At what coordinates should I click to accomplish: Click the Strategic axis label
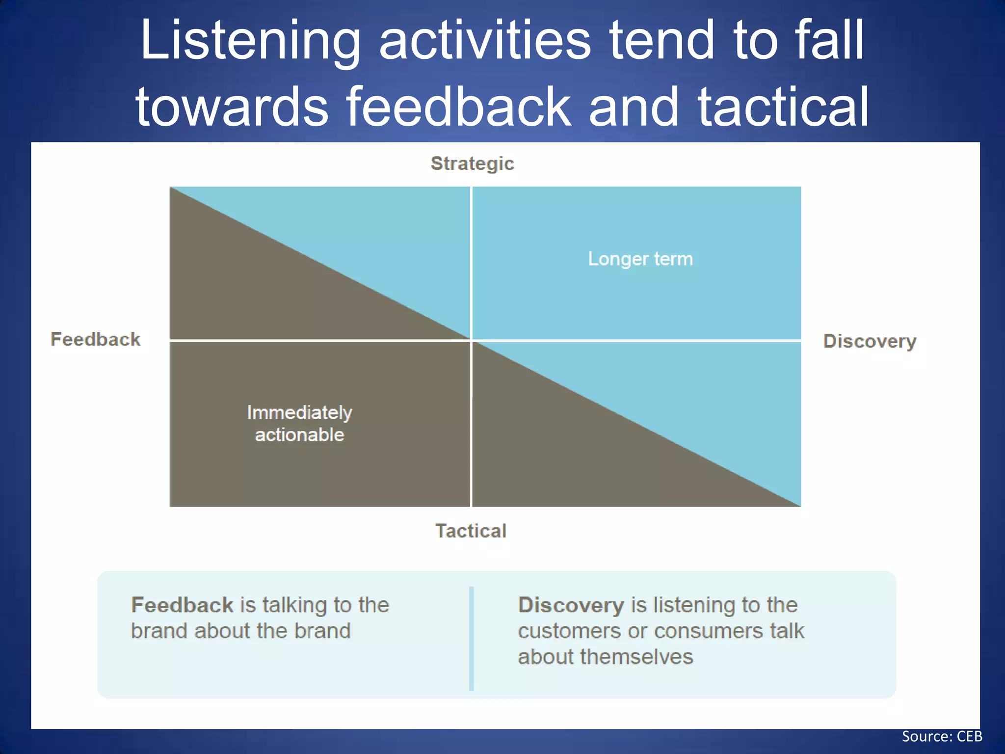point(472,163)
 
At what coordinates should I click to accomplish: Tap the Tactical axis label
point(471,531)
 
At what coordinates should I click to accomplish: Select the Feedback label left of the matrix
point(96,339)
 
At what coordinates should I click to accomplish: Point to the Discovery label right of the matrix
point(870,341)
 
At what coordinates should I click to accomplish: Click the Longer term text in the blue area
point(640,259)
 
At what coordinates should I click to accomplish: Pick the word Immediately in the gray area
point(299,412)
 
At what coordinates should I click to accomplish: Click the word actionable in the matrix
point(299,435)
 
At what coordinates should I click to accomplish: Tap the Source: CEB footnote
point(942,736)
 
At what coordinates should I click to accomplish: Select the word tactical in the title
point(783,107)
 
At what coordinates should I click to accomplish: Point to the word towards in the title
point(232,107)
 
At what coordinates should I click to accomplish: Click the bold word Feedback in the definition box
point(182,605)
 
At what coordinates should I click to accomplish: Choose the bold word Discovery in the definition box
point(571,605)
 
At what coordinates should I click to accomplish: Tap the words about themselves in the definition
point(605,657)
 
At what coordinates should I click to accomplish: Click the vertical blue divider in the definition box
point(472,638)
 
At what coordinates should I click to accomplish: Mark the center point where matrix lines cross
point(471,340)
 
